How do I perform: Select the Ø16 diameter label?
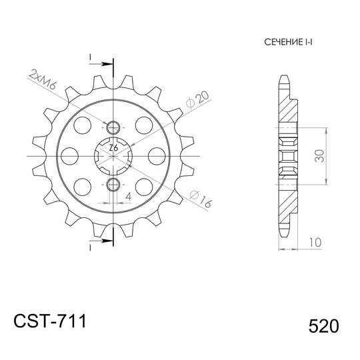point(199,199)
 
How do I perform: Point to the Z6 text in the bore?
point(113,147)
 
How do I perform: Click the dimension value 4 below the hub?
point(129,195)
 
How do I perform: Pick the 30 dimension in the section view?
point(320,155)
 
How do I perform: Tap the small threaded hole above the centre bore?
point(113,127)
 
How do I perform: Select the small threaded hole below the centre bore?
point(113,183)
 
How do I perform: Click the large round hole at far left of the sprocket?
point(69,155)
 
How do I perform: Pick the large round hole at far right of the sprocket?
point(157,155)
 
